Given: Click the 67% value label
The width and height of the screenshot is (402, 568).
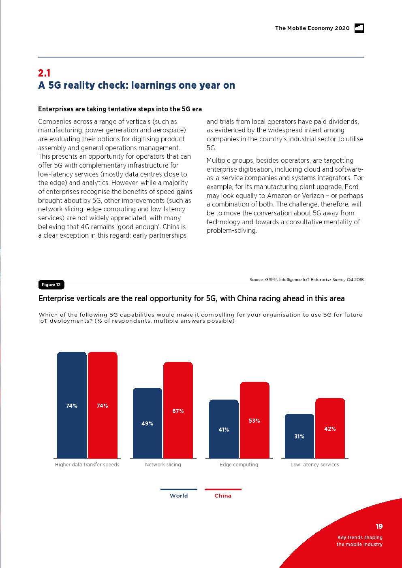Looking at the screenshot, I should click(178, 411).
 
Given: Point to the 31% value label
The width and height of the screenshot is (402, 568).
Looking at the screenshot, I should click(299, 436).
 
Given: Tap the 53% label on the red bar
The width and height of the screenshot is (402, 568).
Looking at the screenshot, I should click(254, 421).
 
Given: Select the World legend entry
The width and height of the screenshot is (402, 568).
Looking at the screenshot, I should click(179, 495).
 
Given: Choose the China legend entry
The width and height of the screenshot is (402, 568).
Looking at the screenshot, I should click(223, 495).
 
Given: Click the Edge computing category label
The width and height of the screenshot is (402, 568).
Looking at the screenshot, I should click(239, 465).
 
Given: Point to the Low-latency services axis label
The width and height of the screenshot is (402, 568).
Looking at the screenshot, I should click(314, 465).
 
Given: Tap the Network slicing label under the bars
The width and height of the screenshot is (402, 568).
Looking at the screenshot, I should click(163, 465).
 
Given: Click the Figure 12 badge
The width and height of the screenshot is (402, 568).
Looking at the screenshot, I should click(51, 285).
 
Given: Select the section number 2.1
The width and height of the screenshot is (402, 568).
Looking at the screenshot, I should click(44, 73).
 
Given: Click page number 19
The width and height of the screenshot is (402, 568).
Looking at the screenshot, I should click(379, 526).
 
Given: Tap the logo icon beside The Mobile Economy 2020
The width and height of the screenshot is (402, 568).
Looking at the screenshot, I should click(359, 28).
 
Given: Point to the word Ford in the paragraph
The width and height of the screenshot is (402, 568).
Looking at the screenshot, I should click(351, 187).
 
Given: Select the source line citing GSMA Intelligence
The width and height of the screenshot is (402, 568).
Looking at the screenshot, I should click(306, 279).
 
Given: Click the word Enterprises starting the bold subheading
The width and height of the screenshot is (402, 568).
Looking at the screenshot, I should click(56, 109).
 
